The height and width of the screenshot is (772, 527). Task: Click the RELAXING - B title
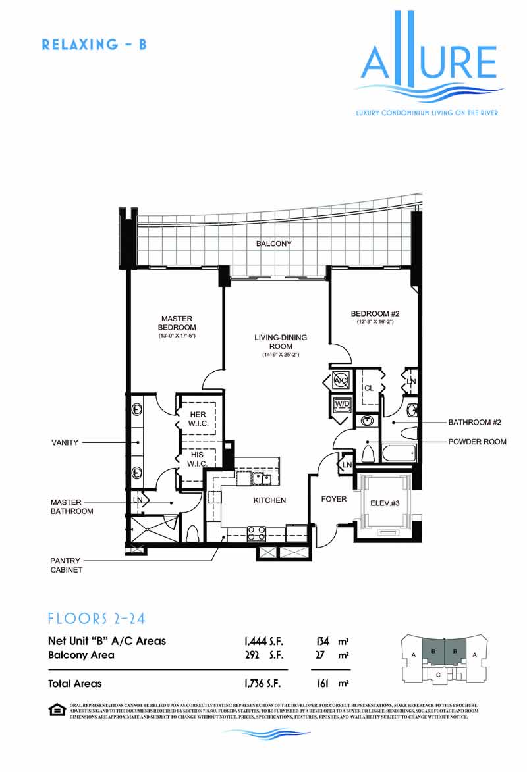point(94,45)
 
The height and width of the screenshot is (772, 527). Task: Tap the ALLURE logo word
point(429,63)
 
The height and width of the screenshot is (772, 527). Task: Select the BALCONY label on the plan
point(273,244)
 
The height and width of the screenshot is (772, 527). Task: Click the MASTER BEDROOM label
point(177,323)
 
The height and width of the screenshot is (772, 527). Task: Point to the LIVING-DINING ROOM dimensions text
point(281,355)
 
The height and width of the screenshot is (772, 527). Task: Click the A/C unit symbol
point(341,380)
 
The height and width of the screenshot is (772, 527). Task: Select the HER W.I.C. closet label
point(198,419)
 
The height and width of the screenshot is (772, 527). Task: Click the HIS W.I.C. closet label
point(198,459)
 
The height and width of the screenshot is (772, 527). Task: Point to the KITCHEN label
point(270,500)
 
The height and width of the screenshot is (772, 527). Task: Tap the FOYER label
point(334,499)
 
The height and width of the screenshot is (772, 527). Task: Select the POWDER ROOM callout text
point(477,442)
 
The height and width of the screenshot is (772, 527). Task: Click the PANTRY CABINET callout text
point(67,565)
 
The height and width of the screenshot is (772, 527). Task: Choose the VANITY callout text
point(66,442)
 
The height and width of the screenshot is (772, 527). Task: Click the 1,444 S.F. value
point(263,640)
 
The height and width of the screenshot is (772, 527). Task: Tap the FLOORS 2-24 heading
point(96,619)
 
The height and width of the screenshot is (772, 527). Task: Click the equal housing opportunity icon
point(57,709)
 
